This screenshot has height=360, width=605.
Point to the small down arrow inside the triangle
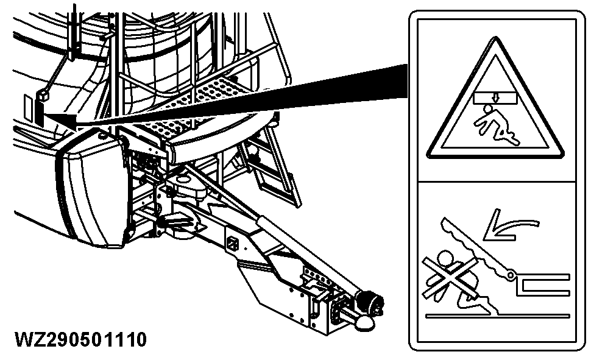coord(494,96)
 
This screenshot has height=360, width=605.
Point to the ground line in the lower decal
coord(497,316)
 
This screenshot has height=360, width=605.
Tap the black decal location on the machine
coord(40,110)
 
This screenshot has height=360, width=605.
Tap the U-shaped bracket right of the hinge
coord(542,284)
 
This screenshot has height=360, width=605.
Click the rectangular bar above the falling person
coord(494,96)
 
